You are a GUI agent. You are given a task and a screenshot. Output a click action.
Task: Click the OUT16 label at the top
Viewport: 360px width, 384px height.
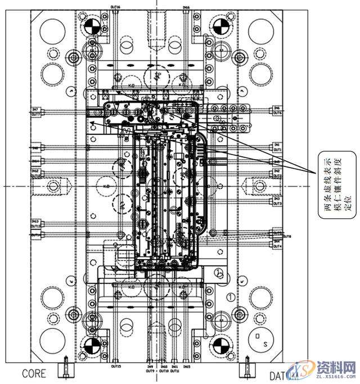coord(115,7)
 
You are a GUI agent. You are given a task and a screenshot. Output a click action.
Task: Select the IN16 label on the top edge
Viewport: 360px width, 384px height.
coord(186,7)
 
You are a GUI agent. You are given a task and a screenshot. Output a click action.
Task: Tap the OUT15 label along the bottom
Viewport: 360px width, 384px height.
coord(116,365)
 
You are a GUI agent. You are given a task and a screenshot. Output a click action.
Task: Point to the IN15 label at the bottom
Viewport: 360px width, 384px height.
coord(186,366)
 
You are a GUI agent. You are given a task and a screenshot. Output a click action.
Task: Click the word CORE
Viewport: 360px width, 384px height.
coord(34,373)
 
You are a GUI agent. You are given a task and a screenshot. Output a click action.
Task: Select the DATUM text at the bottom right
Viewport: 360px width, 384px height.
coord(282,374)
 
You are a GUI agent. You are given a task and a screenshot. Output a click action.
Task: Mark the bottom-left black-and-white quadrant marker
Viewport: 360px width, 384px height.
coord(91,346)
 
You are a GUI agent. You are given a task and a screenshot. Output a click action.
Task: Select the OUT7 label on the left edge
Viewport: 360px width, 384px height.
coord(35,114)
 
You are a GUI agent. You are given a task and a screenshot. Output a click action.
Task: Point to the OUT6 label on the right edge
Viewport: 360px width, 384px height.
coord(277,113)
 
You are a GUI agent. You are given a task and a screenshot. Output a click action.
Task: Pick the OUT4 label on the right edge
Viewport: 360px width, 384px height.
coord(277,246)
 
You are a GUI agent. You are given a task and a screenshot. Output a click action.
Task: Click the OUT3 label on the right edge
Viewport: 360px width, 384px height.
coord(277,204)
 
